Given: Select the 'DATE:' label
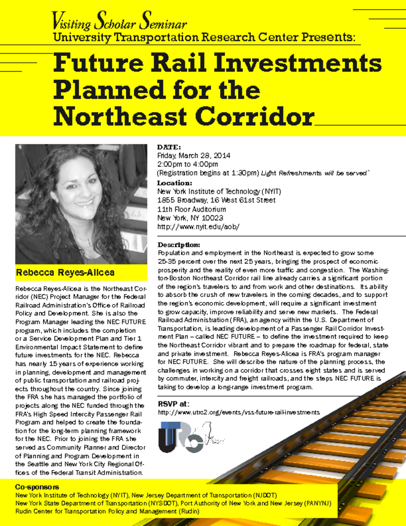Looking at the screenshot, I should click(x=169, y=147).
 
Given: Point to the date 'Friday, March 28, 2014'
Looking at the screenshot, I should click(x=194, y=156).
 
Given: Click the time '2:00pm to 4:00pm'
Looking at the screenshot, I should click(x=187, y=164).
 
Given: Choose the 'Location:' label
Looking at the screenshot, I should click(x=175, y=183).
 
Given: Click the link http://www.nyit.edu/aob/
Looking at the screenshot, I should click(x=198, y=227).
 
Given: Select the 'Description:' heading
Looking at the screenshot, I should click(x=179, y=245).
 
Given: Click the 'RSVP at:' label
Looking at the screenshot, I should click(x=173, y=403).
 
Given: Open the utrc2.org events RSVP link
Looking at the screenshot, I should click(x=238, y=412).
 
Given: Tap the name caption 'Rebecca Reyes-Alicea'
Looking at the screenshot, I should click(x=65, y=272).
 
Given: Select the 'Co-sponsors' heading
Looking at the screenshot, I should click(x=37, y=486).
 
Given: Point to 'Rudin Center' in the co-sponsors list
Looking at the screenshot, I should click(x=36, y=512).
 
